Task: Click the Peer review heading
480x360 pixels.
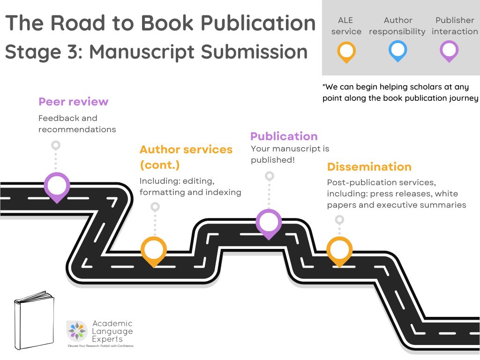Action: click(74, 102)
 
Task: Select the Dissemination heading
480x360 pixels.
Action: click(369, 167)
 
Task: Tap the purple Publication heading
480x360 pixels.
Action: click(284, 136)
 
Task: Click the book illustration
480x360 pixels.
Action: click(34, 320)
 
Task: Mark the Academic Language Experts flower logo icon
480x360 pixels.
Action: click(77, 331)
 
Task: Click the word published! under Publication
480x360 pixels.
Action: click(273, 160)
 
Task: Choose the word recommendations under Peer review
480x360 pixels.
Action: click(77, 129)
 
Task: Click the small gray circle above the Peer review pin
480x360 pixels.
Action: click(56, 145)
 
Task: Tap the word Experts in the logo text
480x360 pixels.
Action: click(107, 339)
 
